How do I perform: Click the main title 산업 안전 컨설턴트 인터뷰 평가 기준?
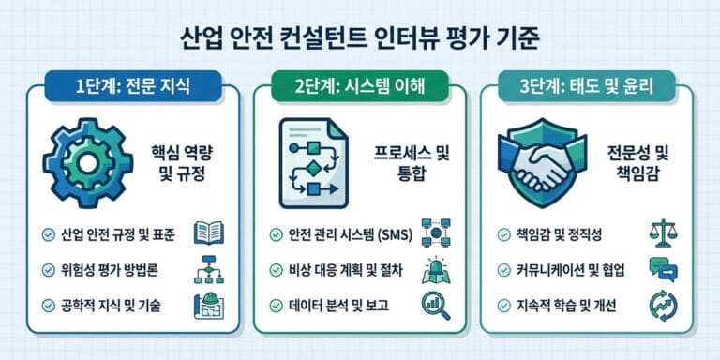(360, 39)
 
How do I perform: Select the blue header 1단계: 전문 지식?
(131, 90)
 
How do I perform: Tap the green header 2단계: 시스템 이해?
(359, 90)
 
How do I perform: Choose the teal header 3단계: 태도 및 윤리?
(587, 90)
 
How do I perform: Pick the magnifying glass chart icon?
(435, 304)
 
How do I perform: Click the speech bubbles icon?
(662, 270)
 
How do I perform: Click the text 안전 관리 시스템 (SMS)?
(347, 234)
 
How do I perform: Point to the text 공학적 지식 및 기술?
(106, 305)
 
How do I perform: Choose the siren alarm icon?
(435, 269)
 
